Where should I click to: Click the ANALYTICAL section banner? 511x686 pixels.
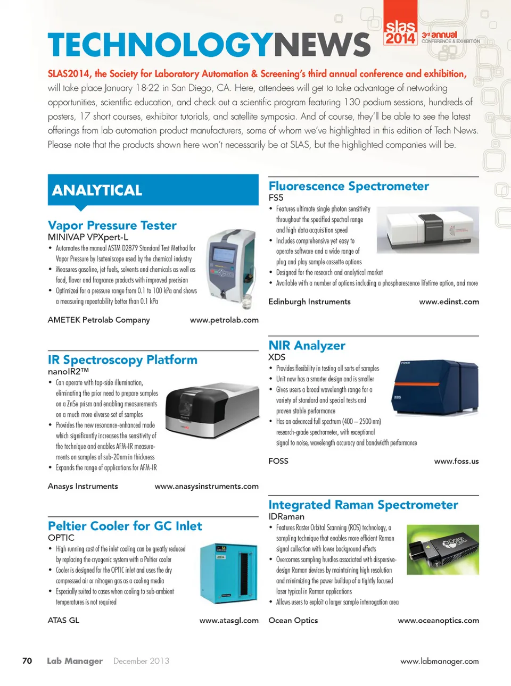point(153,190)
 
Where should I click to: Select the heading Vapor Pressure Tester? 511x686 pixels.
point(112,225)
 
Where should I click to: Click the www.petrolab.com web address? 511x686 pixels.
point(224,320)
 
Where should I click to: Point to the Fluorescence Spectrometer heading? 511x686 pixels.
point(349,186)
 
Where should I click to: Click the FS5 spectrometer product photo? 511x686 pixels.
point(427,230)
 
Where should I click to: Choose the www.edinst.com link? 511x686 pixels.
point(449,302)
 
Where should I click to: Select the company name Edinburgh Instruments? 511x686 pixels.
point(309,302)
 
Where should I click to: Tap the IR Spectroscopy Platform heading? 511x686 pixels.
point(122,360)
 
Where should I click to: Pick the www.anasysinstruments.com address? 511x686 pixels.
point(207,487)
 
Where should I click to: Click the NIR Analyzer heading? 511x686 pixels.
point(307,346)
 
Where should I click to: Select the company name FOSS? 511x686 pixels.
point(278,461)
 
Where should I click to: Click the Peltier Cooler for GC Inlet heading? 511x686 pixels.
point(125,526)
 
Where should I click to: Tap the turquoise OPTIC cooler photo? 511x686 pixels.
point(228,573)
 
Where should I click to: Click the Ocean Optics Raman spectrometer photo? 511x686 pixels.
point(442,549)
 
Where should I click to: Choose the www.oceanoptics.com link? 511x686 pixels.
point(438,621)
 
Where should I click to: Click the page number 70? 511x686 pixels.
point(27,661)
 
